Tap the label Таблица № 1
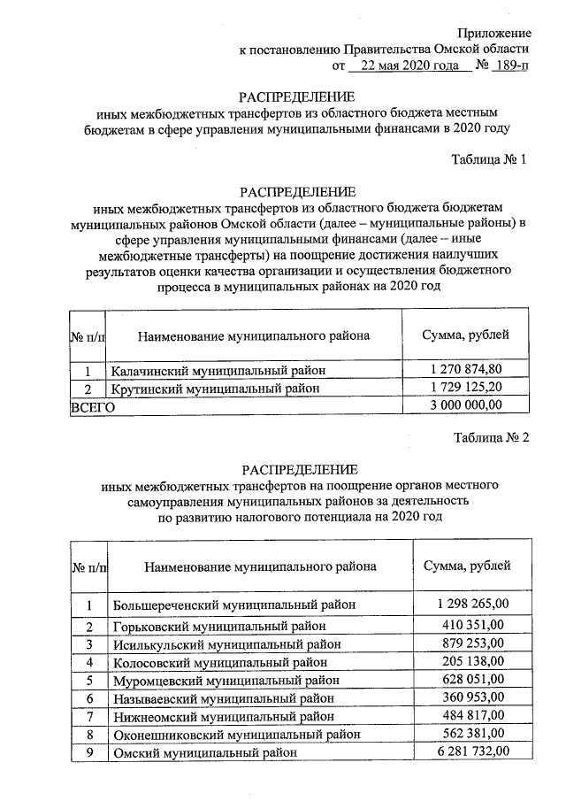coord(490,160)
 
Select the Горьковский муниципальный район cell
coord(219,627)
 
